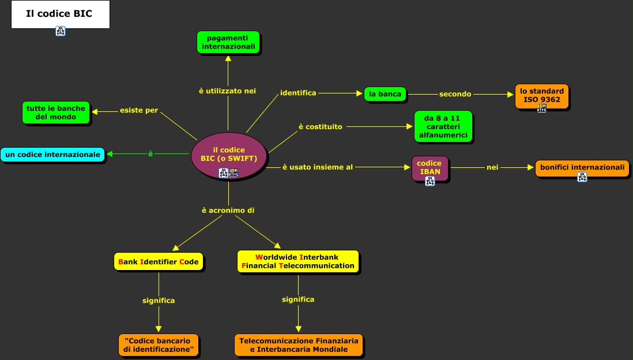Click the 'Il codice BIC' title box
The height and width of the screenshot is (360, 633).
pyautogui.click(x=60, y=14)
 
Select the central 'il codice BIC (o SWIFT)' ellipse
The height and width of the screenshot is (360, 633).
pyautogui.click(x=229, y=155)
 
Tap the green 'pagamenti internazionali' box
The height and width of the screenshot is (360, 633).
pyautogui.click(x=228, y=42)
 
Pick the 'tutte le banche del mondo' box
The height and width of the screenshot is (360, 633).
pyautogui.click(x=56, y=112)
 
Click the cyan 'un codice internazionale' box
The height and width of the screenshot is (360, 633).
pyautogui.click(x=52, y=154)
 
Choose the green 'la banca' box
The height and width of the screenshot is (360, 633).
pyautogui.click(x=385, y=94)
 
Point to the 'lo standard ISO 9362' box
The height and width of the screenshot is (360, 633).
pyautogui.click(x=542, y=96)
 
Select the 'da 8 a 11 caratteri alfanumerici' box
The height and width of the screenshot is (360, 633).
pyautogui.click(x=443, y=126)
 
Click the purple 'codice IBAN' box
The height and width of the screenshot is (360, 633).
pyautogui.click(x=429, y=168)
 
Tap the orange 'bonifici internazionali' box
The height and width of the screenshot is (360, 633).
pyautogui.click(x=582, y=167)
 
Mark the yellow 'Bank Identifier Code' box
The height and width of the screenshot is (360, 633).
pyautogui.click(x=159, y=262)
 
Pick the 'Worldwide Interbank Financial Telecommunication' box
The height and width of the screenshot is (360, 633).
pyautogui.click(x=298, y=261)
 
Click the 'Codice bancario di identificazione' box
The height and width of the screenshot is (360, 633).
pyautogui.click(x=159, y=345)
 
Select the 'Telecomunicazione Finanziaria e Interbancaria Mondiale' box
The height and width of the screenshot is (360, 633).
pyautogui.click(x=299, y=345)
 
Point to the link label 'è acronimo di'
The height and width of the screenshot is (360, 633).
pyautogui.click(x=228, y=211)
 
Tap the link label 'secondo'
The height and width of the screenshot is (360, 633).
pyautogui.click(x=455, y=94)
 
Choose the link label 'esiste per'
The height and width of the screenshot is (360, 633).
pyautogui.click(x=139, y=111)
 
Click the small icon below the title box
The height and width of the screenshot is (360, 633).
pyautogui.click(x=61, y=32)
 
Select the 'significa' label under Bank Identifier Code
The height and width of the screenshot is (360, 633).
pyautogui.click(x=159, y=301)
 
